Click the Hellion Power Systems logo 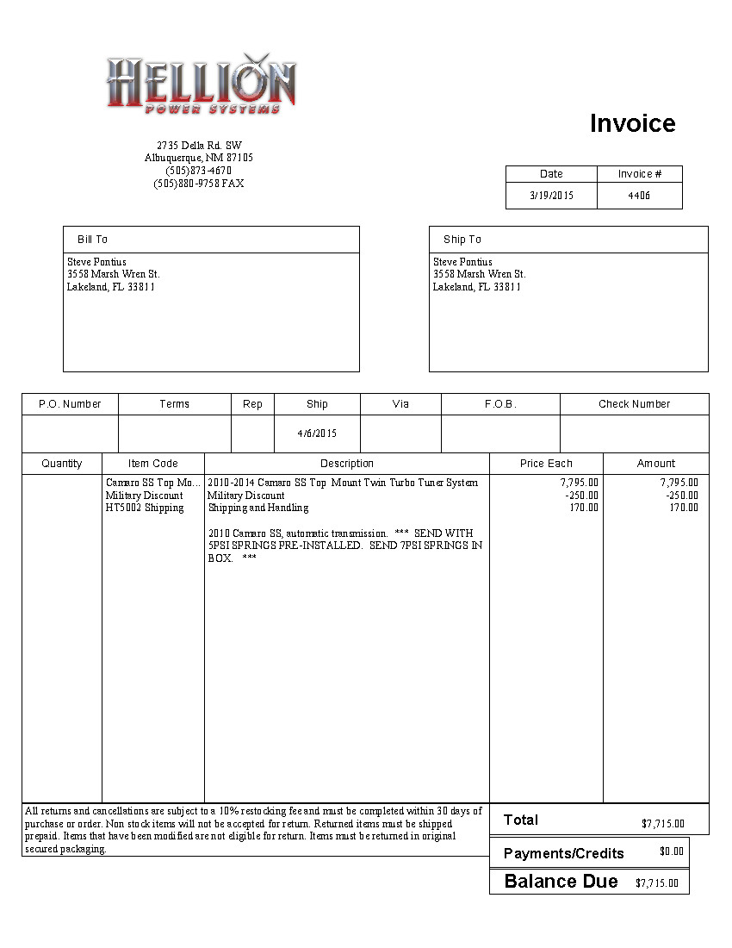201,83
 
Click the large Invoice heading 632,123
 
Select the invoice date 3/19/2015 551,196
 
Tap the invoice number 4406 639,196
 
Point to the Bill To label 92,240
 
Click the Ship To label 462,240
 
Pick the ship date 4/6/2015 317,433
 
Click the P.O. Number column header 70,404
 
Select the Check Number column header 634,404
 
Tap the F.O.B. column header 500,404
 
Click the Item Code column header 153,464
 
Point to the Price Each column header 546,464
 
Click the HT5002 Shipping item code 145,508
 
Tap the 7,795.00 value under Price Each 579,483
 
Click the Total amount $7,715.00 662,823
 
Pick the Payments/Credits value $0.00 671,851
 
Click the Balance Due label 561,881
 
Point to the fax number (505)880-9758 198,184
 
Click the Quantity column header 62,464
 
